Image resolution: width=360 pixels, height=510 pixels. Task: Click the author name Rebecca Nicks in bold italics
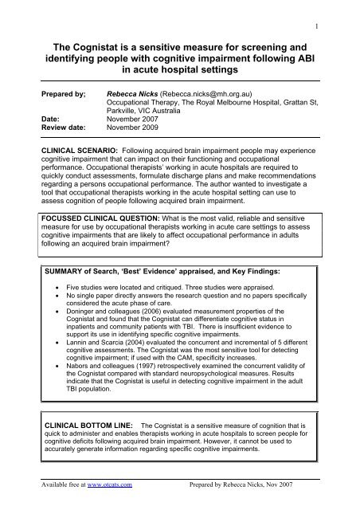tap(132, 93)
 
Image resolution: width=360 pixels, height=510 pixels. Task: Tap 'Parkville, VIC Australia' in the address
tap(150, 112)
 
